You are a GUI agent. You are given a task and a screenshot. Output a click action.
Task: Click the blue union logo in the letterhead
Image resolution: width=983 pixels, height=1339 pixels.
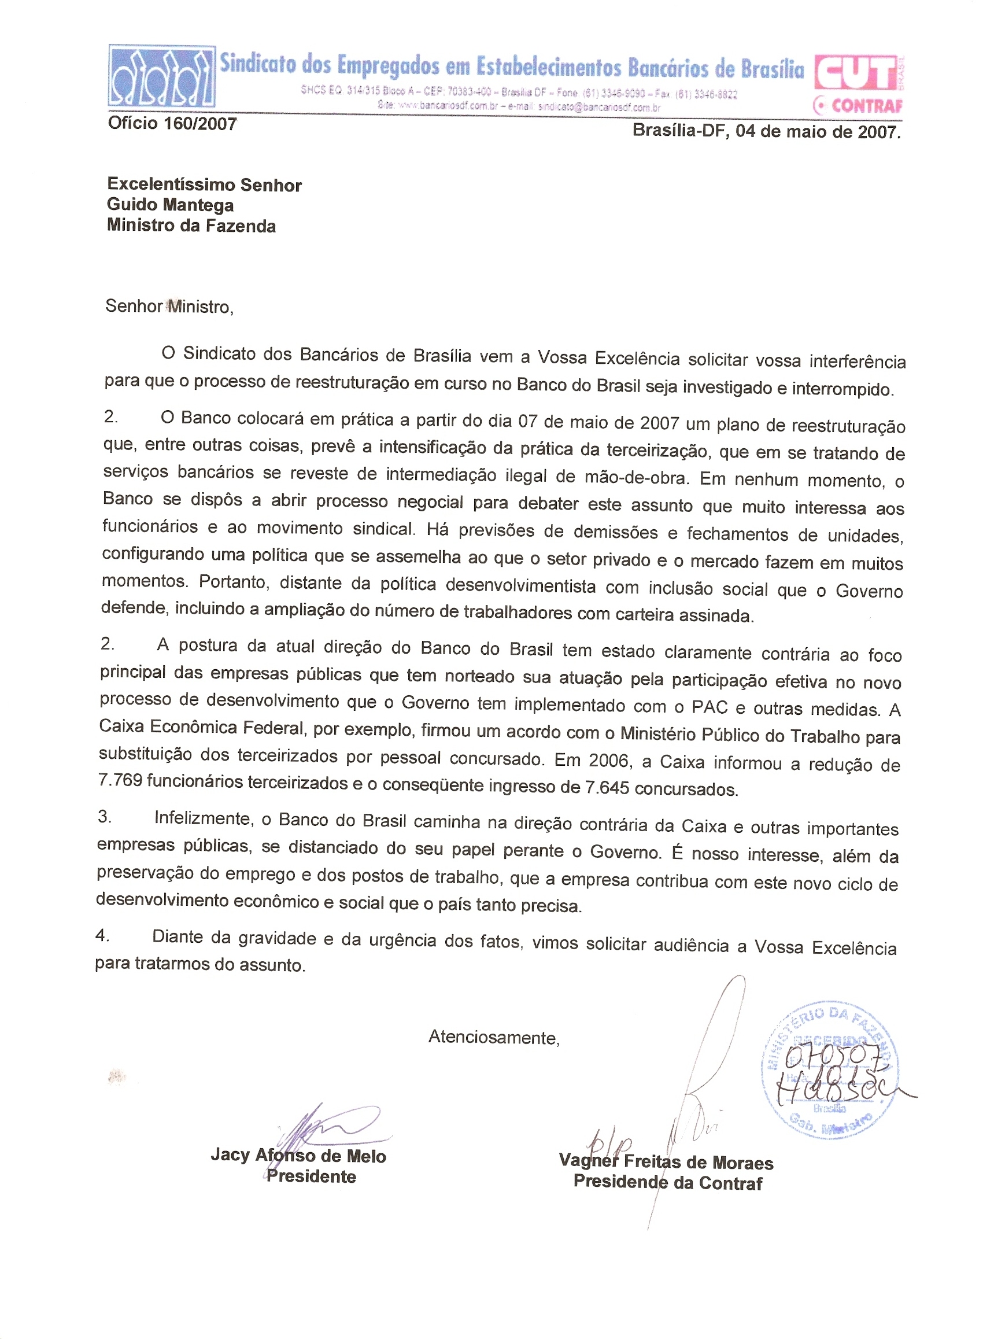(161, 76)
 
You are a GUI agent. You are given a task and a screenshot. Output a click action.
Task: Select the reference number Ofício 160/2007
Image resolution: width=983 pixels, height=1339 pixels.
(172, 124)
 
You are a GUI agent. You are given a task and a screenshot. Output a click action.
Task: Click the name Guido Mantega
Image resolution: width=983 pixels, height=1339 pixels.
(170, 205)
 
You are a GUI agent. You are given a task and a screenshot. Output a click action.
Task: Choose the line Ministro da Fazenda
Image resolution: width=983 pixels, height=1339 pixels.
(191, 226)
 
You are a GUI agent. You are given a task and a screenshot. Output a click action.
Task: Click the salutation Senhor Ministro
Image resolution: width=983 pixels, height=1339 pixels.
(169, 307)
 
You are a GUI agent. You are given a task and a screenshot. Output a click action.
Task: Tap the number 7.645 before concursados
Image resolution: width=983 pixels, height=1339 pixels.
(607, 788)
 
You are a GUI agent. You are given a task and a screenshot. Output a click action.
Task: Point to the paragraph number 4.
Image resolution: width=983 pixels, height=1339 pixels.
(102, 935)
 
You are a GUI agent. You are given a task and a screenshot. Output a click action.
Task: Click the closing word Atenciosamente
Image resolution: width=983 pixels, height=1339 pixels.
(493, 1038)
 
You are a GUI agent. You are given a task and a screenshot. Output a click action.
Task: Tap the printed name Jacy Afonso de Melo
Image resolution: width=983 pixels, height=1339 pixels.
(299, 1156)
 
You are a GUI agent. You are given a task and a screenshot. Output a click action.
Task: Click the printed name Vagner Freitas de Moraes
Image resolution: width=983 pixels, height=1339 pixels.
(666, 1162)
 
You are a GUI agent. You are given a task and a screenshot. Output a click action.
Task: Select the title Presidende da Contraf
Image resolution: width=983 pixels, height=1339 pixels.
(668, 1182)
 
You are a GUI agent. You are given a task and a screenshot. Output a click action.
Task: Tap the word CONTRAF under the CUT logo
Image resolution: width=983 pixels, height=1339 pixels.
(866, 106)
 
